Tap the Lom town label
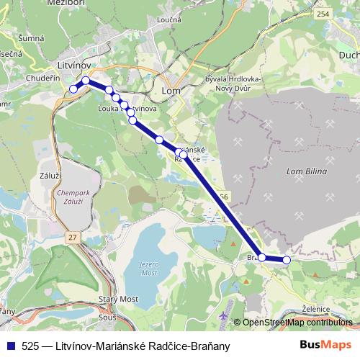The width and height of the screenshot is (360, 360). tap(171, 91)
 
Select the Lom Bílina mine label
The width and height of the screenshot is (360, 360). tap(307, 171)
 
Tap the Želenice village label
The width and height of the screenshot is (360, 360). tap(316, 309)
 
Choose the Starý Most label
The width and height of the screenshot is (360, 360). tap(117, 298)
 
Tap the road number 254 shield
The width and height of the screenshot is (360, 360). tap(322, 14)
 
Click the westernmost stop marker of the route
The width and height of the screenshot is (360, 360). tap(73, 89)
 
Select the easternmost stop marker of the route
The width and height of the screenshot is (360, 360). tap(287, 260)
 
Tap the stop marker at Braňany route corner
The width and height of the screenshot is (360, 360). tap(263, 257)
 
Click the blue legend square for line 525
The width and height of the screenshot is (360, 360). tap(9, 346)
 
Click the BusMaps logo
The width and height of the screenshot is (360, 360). tap(325, 345)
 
